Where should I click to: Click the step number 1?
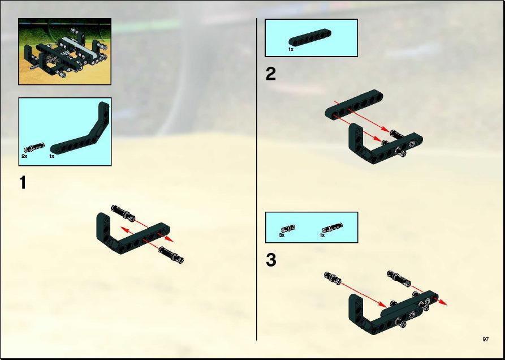coord(23,183)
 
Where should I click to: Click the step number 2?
coord(271,75)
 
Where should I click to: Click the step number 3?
coord(271,260)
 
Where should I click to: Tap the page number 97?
coord(486,340)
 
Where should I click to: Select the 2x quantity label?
coord(24,156)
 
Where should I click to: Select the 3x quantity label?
coord(282,235)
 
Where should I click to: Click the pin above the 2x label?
coord(34,147)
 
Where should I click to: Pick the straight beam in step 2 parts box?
coord(310,37)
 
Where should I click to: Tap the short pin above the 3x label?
coord(288,229)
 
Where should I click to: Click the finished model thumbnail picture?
coord(64,52)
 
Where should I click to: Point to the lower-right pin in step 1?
coord(171,255)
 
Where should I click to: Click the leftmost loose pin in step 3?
coord(333,278)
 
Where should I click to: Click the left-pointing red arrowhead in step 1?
coord(124,229)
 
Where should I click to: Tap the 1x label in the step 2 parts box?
coord(291,49)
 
